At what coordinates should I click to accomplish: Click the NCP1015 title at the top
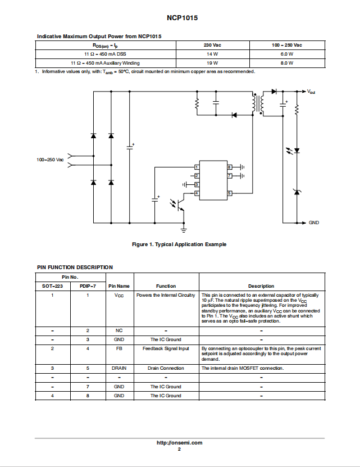(x=182, y=18)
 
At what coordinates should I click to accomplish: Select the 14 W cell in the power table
(x=212, y=54)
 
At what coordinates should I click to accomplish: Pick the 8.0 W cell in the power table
(x=287, y=63)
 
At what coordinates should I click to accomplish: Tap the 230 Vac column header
(x=212, y=45)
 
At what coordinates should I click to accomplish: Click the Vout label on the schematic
(x=311, y=92)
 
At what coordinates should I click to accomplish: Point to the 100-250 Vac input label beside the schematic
(x=50, y=160)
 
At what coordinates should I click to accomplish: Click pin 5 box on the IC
(x=229, y=193)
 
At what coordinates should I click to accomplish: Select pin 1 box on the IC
(x=197, y=167)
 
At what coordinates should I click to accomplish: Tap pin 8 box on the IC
(x=229, y=167)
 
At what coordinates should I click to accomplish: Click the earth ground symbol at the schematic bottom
(x=184, y=229)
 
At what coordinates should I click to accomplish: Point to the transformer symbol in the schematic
(x=257, y=103)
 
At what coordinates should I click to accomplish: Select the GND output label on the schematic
(x=314, y=223)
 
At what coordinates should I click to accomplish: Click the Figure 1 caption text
(x=179, y=244)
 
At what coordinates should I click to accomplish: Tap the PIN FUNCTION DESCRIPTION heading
(x=75, y=267)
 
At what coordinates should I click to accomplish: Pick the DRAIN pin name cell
(x=119, y=368)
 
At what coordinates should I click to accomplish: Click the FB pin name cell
(x=119, y=348)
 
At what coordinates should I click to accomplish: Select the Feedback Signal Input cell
(x=166, y=348)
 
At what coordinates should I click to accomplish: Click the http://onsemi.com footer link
(x=180, y=443)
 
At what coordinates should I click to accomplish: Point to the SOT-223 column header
(x=52, y=286)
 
